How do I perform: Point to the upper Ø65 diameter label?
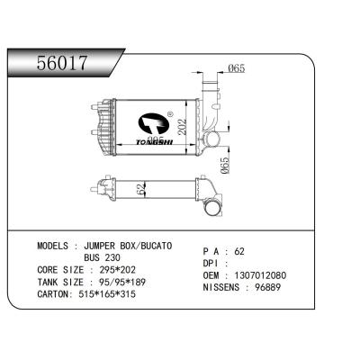point(238,69)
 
